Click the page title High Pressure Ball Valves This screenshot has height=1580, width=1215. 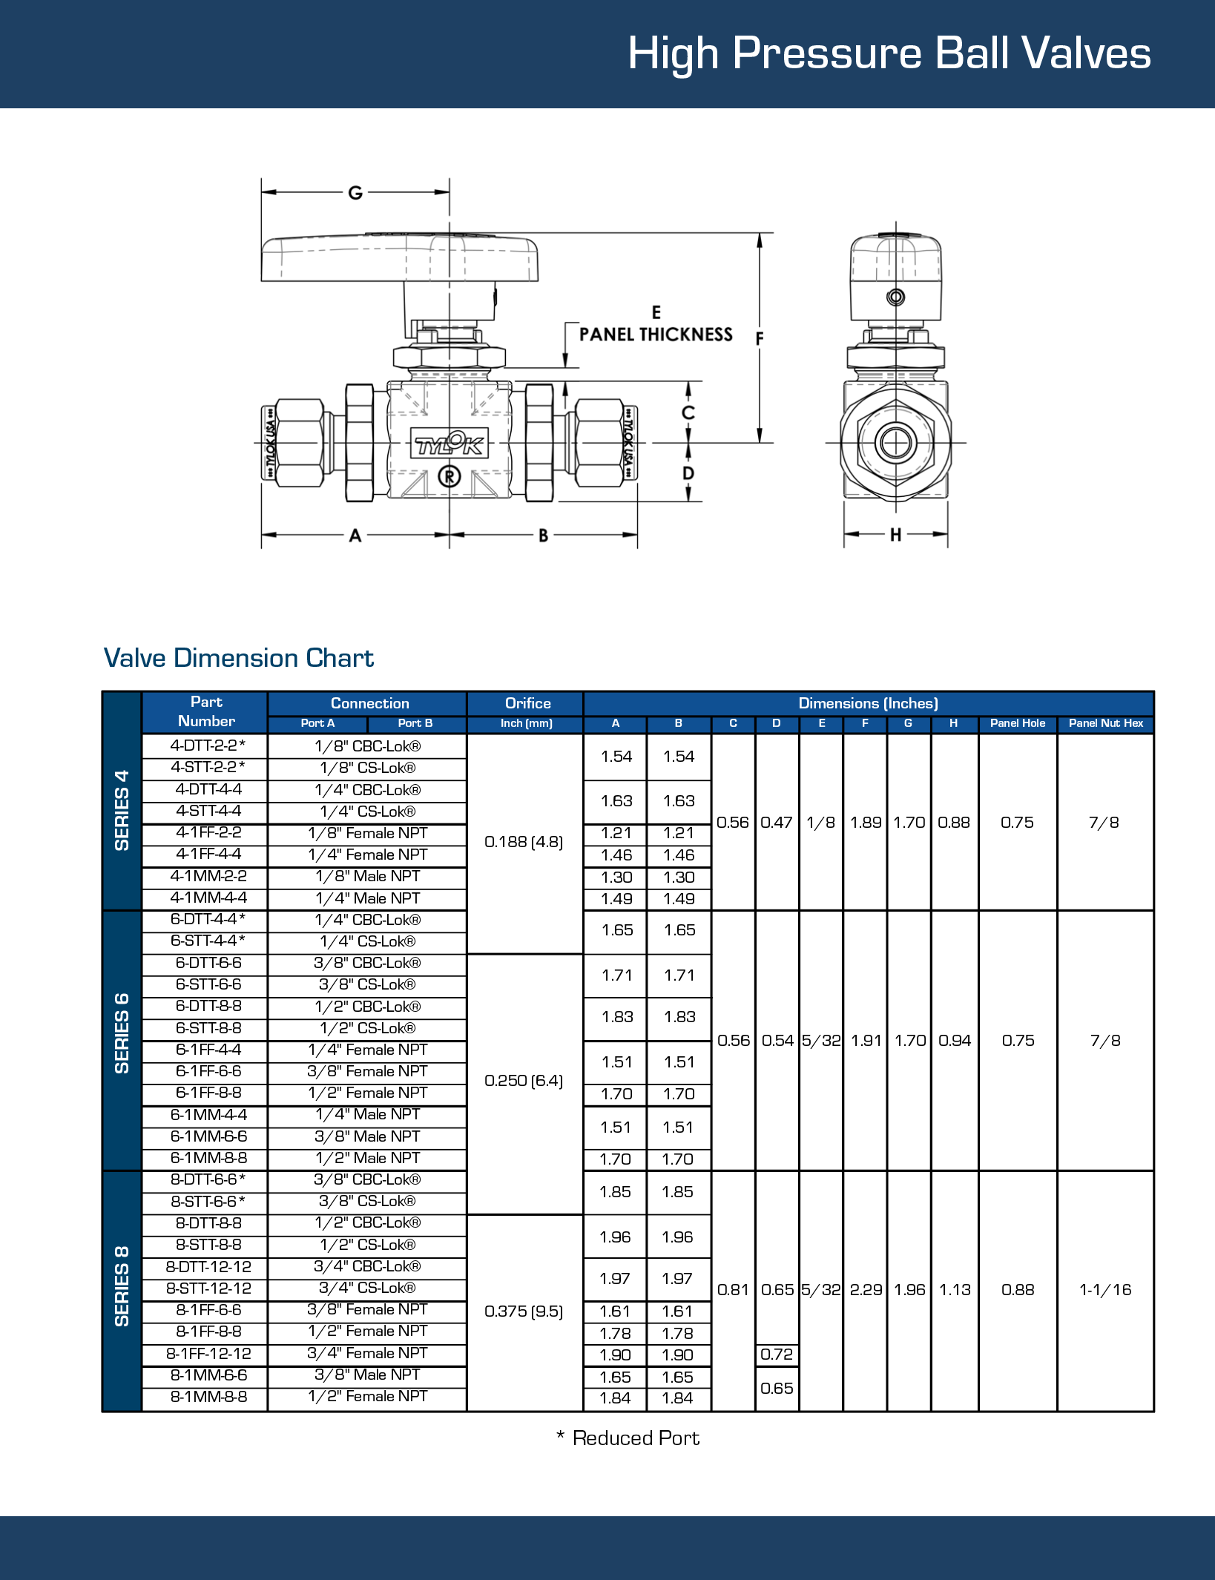pyautogui.click(x=889, y=53)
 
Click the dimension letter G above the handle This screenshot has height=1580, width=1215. pyautogui.click(x=355, y=193)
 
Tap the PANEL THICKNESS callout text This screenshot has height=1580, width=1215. pyautogui.click(x=656, y=335)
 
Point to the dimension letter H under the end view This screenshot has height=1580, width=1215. pyautogui.click(x=895, y=534)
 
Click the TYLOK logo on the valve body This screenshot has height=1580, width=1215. pyautogui.click(x=450, y=444)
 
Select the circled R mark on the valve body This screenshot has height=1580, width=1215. pyautogui.click(x=450, y=476)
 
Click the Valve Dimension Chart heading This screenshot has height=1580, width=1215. pyautogui.click(x=238, y=658)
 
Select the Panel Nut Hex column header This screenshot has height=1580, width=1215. pyautogui.click(x=1105, y=723)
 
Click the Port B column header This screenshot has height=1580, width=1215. pyautogui.click(x=415, y=723)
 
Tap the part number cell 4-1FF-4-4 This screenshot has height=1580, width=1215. pyautogui.click(x=208, y=855)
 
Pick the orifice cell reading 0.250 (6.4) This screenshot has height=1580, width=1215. pyautogui.click(x=524, y=1081)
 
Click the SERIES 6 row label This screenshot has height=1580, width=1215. pyautogui.click(x=122, y=1033)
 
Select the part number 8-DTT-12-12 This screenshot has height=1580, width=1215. pyautogui.click(x=208, y=1267)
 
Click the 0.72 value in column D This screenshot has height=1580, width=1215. pyautogui.click(x=777, y=1354)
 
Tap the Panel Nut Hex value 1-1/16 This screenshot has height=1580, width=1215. pyautogui.click(x=1105, y=1290)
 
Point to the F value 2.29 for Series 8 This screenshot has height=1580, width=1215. pyautogui.click(x=866, y=1290)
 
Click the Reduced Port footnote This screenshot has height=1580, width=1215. pyautogui.click(x=628, y=1438)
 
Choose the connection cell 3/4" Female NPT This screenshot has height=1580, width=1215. pyautogui.click(x=367, y=1354)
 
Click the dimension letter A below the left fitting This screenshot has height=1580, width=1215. pyautogui.click(x=355, y=535)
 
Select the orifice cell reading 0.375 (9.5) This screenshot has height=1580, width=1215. pyautogui.click(x=524, y=1311)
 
